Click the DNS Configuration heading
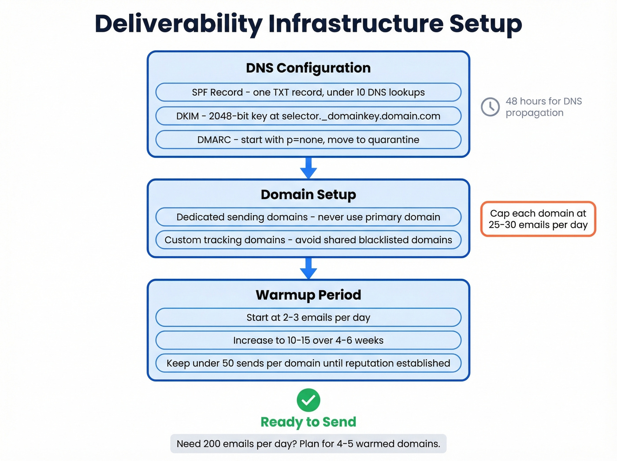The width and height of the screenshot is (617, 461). [308, 68]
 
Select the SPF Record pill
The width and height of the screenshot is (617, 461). [308, 92]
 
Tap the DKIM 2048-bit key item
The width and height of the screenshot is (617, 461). [308, 116]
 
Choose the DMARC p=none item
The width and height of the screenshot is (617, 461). [308, 140]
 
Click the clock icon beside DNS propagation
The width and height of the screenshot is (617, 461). [490, 107]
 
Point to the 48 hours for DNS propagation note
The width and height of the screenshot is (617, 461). [543, 107]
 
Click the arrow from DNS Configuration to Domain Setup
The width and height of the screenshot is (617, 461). [308, 168]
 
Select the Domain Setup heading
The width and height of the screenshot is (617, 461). [308, 195]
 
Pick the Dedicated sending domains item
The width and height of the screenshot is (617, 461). [308, 217]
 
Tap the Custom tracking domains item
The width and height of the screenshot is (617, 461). [308, 240]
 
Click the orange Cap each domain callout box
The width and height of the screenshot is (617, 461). [538, 219]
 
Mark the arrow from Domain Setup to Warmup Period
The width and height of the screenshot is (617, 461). [308, 268]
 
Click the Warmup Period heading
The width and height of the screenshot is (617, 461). [308, 295]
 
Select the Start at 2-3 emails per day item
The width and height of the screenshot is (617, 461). [308, 318]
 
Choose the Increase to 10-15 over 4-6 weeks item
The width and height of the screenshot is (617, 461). [308, 341]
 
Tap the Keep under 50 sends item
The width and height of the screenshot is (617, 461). [308, 363]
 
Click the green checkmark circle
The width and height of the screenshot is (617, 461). [308, 400]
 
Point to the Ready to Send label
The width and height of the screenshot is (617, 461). [308, 422]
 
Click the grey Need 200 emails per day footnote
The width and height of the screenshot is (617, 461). [308, 444]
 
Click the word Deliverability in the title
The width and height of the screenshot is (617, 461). [178, 24]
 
